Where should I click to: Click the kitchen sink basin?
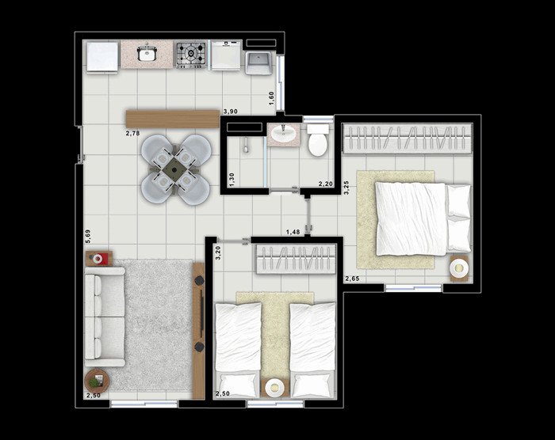point(147,54)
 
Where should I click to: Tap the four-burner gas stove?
point(191,55)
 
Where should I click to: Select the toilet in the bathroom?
point(317,140)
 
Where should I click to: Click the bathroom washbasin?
point(284,134)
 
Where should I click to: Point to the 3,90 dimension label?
point(230,112)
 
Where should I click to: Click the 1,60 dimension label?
point(271,98)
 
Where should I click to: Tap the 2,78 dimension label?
point(132,133)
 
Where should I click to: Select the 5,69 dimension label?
point(88,236)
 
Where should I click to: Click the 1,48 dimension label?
point(293,232)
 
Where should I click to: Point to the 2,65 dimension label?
point(352,279)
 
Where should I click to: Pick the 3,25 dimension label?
point(346,188)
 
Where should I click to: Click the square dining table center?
point(176,169)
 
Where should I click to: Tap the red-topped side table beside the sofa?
point(99,258)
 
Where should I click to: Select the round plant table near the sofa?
point(97,381)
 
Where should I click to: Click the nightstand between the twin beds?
point(275,387)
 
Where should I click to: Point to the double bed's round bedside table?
point(459,268)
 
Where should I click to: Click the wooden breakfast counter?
point(173,119)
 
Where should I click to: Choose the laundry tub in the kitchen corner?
point(258,63)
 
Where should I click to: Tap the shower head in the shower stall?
point(246,146)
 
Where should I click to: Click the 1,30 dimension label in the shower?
point(232,180)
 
